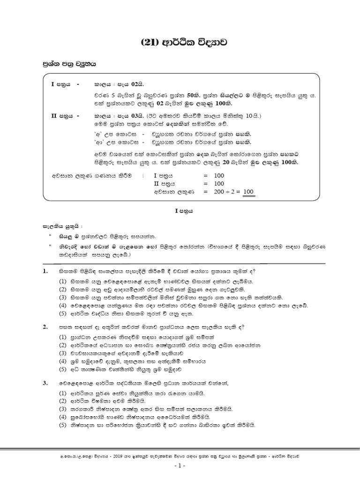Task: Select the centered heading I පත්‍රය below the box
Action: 180,211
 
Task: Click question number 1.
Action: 46,271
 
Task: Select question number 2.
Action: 46,326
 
